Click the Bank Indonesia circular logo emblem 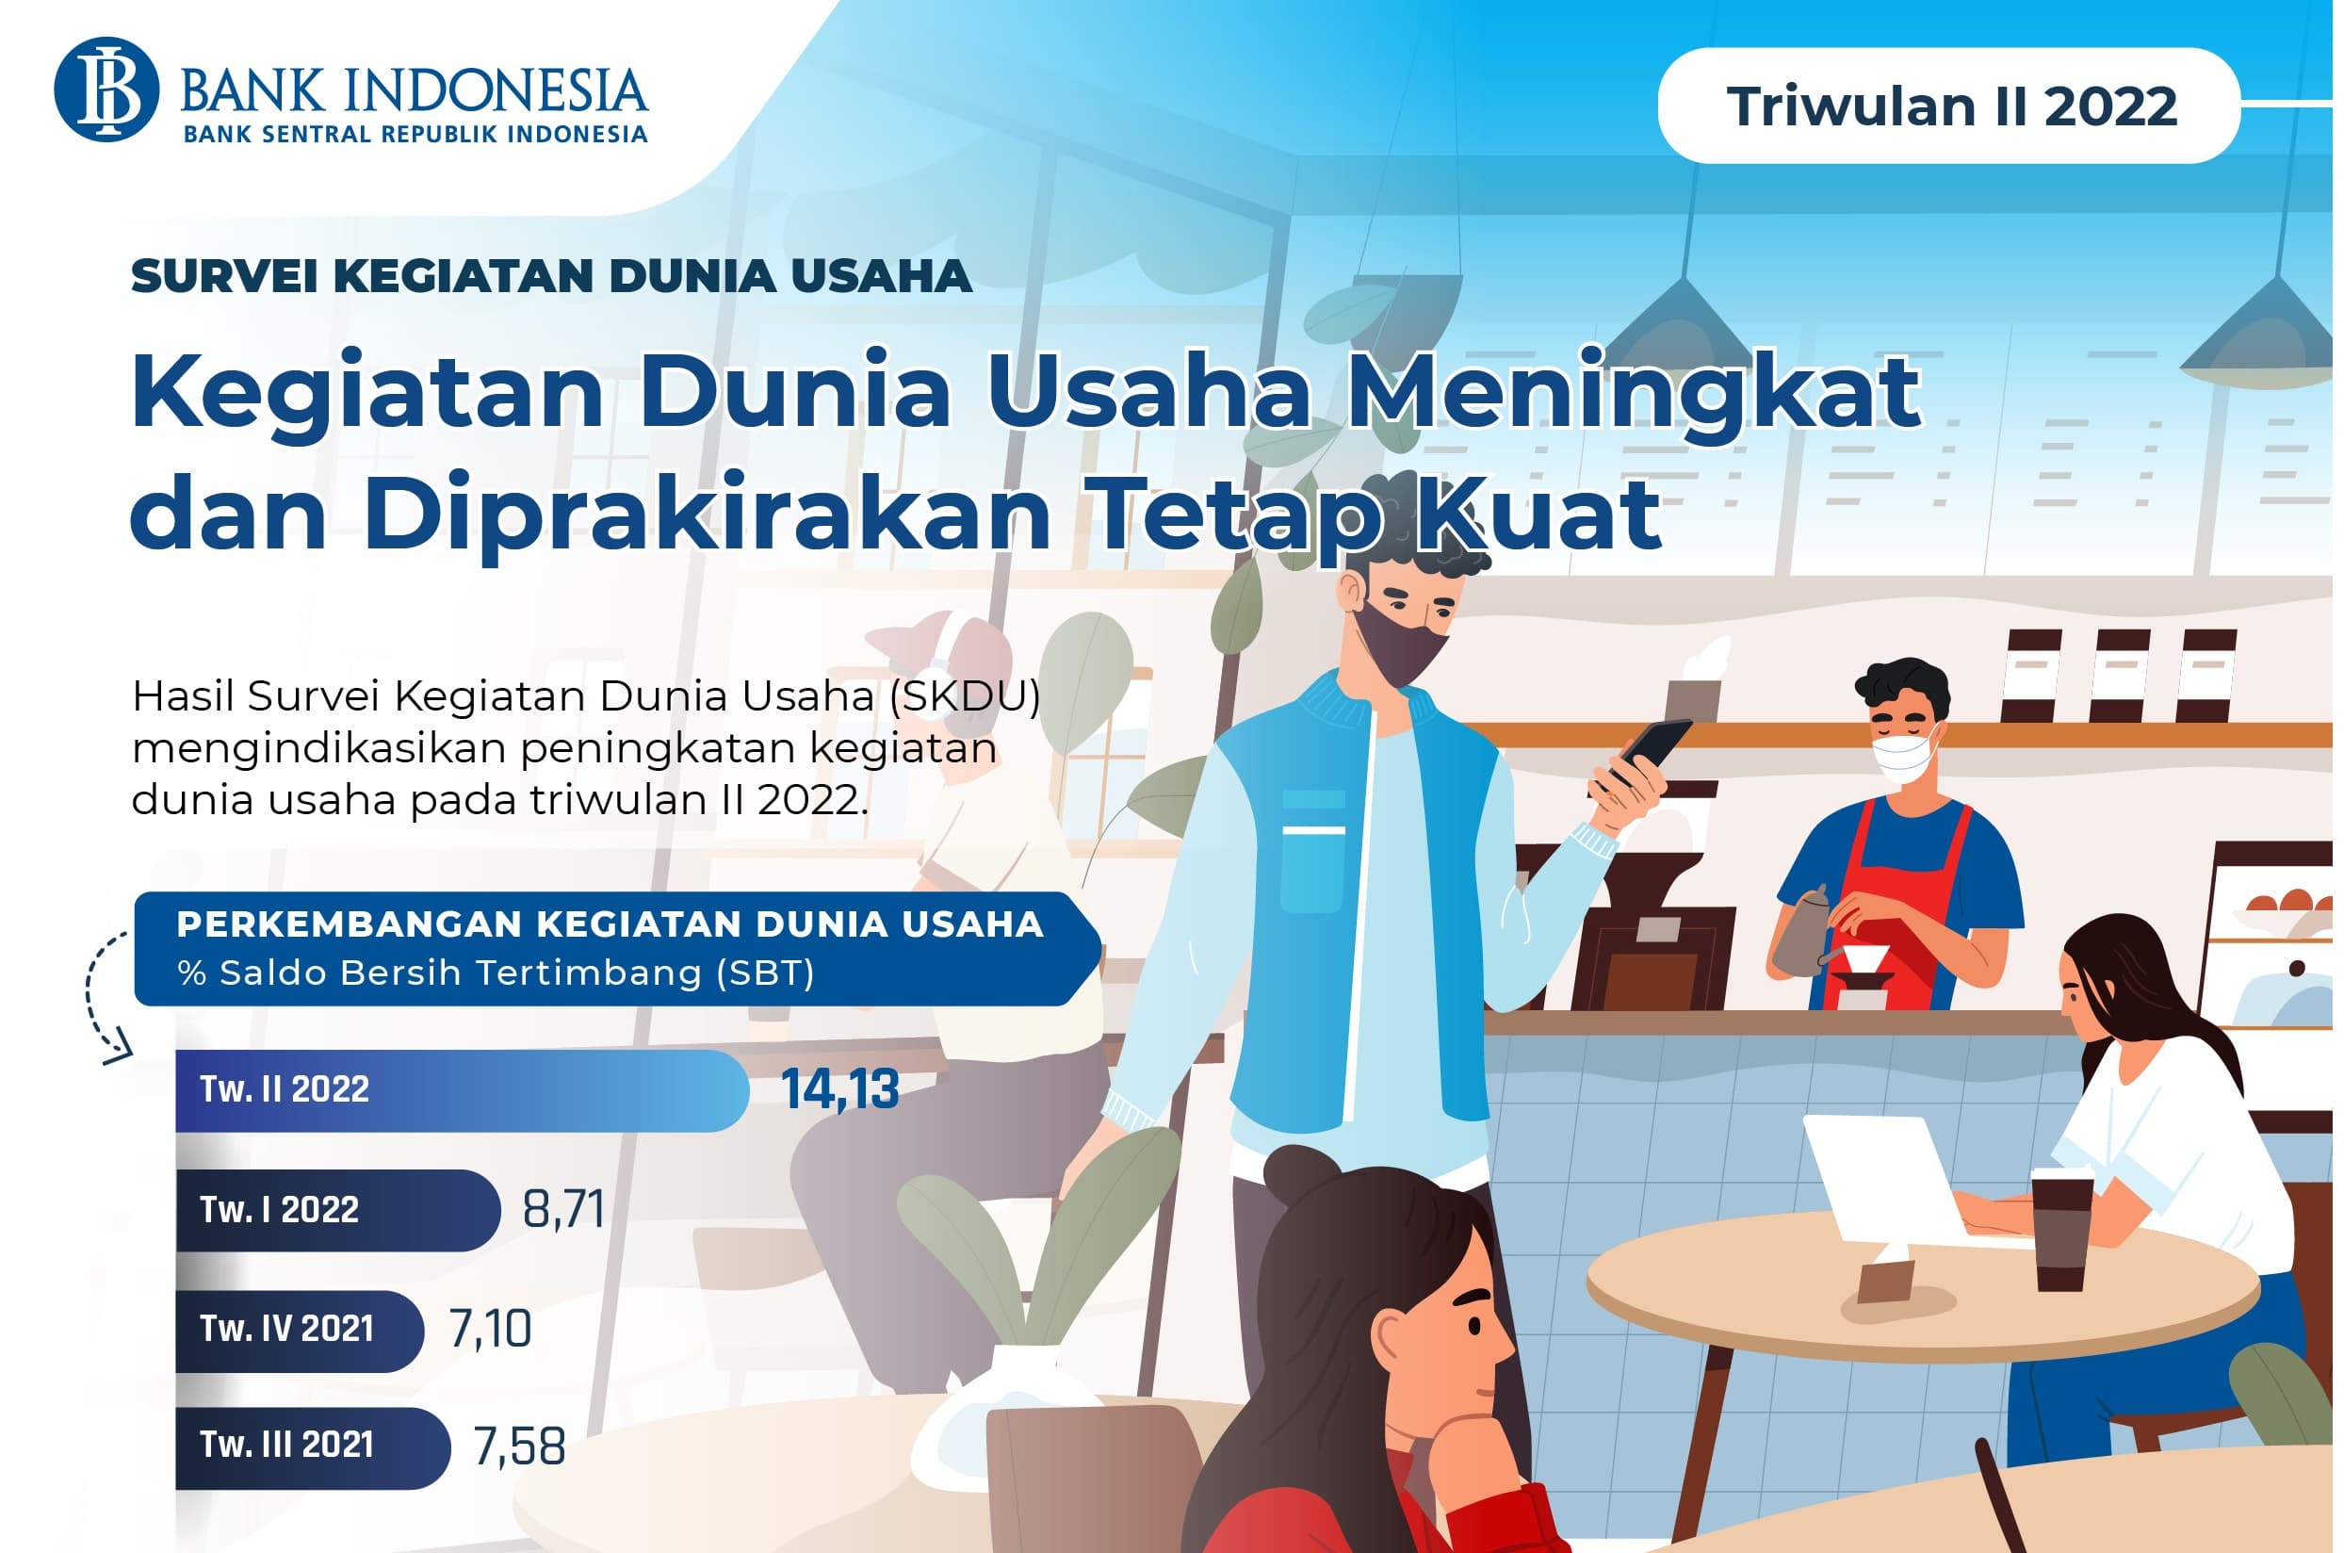106,90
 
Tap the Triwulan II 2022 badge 1948,106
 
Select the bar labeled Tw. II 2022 461,1089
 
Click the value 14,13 839,1089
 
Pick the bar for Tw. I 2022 336,1209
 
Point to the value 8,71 563,1209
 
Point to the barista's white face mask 1903,758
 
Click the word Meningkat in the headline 1634,391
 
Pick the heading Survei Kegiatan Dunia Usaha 551,276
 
